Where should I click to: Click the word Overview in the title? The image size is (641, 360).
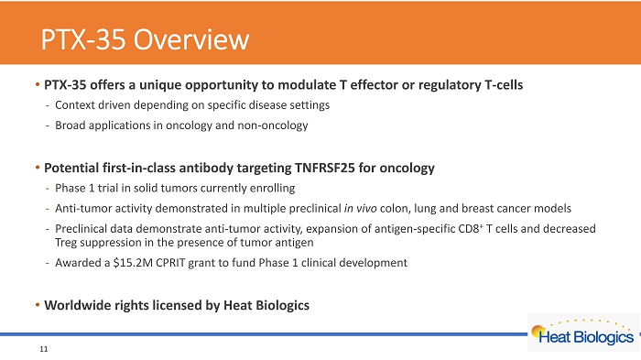[191, 39]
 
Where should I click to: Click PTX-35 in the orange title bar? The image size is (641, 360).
[83, 39]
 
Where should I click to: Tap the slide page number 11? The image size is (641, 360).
[44, 349]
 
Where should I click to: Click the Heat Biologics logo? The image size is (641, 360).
[583, 333]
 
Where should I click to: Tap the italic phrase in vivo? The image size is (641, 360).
[360, 208]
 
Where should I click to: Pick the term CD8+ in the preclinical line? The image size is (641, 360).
[471, 228]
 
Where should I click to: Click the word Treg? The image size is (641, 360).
[66, 243]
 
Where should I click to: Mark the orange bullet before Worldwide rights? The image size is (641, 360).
[38, 305]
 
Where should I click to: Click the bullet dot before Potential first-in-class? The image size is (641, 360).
[38, 168]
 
